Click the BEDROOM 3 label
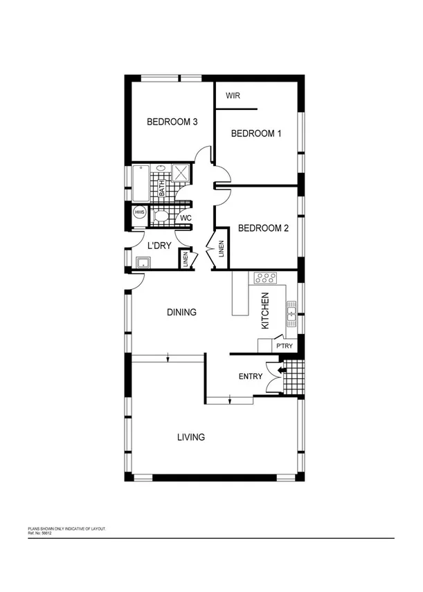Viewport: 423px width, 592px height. click(172, 122)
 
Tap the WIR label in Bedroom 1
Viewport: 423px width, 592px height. click(233, 96)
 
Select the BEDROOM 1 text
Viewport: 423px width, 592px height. click(256, 133)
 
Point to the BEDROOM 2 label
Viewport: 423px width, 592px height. click(263, 228)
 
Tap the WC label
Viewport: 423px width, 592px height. click(185, 219)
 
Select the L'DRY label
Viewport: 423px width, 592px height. click(159, 245)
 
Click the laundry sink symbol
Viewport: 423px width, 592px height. click(143, 262)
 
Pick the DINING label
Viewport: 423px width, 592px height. click(182, 313)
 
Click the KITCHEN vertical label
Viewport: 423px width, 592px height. click(264, 311)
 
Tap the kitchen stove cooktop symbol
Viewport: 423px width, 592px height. click(264, 278)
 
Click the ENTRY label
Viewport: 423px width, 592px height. click(250, 376)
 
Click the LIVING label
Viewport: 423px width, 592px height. click(190, 437)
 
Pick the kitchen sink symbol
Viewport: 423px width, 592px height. click(291, 315)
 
